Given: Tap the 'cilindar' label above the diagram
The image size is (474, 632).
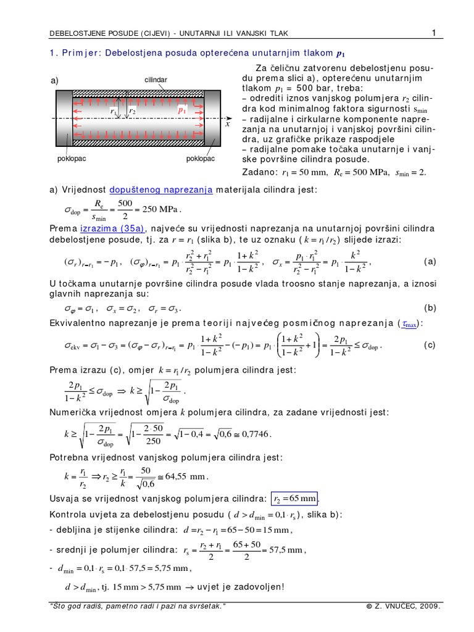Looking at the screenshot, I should pos(156,80).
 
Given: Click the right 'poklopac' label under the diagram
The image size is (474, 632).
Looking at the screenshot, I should pos(200,158).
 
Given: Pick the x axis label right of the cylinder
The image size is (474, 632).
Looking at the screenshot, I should pos(227,123).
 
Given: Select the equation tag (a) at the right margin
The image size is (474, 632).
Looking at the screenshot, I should pos(430,261).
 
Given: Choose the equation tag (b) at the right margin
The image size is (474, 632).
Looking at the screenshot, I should pos(430,307).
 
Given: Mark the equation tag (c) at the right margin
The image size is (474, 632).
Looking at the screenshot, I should pos(430,345).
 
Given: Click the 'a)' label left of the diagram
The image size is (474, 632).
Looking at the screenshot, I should pos(56,81).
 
